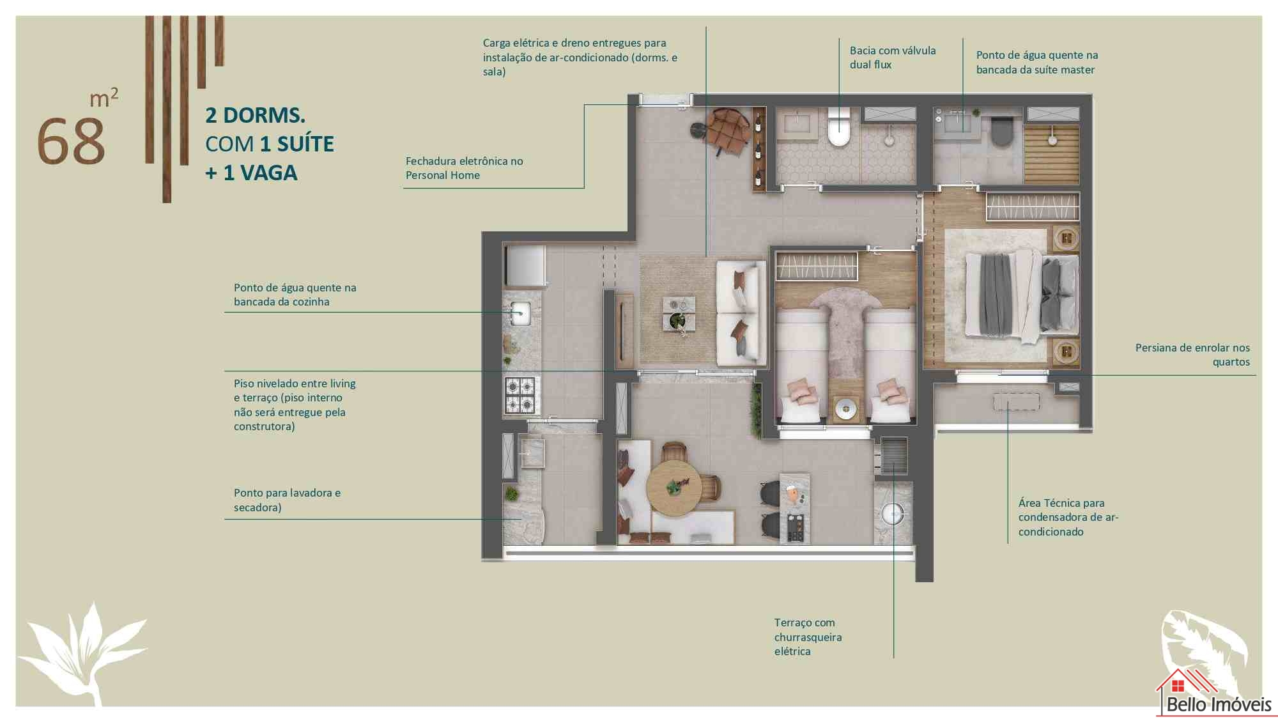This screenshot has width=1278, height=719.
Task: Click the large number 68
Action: [71, 141]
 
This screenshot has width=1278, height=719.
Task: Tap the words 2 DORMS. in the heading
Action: [255, 116]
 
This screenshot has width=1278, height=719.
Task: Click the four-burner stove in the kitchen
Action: [520, 395]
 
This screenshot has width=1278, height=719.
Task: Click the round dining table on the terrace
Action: [674, 488]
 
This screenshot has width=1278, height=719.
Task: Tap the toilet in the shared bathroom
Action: [838, 127]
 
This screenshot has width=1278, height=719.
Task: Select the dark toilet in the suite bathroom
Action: [1001, 130]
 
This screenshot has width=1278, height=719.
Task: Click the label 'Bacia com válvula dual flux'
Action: [893, 58]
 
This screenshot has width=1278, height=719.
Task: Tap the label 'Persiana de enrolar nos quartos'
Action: [1192, 355]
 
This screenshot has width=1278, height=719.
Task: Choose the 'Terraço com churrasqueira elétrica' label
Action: [808, 637]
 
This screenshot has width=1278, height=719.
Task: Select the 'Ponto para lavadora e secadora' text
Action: [287, 500]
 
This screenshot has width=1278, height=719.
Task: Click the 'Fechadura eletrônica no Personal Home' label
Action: [464, 168]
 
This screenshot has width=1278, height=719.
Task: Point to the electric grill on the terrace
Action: [893, 455]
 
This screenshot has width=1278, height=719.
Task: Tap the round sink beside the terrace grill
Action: [893, 513]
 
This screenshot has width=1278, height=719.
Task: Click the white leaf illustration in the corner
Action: [83, 652]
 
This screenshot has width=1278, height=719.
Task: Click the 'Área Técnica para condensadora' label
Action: [1068, 517]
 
